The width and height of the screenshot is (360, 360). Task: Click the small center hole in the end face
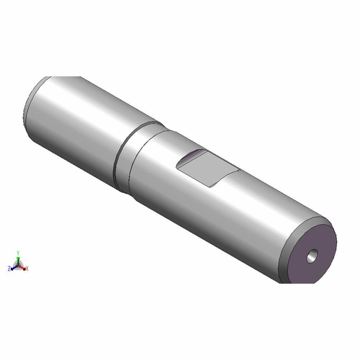coord(311,255)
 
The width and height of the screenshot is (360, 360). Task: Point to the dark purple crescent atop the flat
coord(192,156)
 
